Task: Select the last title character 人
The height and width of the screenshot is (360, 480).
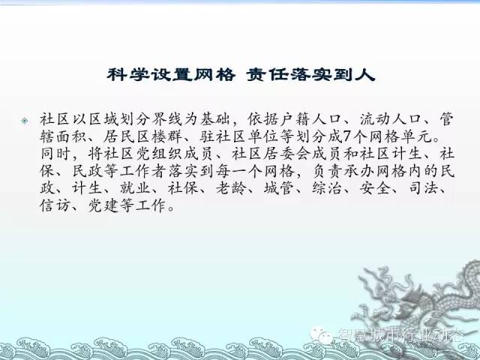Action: point(365,75)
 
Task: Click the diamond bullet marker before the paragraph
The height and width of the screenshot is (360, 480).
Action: point(25,121)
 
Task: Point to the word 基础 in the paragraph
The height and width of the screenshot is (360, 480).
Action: point(215,119)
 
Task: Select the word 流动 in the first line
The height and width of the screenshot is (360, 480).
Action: point(375,119)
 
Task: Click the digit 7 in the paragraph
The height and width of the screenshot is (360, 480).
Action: point(346,136)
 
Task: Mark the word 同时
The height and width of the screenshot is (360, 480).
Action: point(55,154)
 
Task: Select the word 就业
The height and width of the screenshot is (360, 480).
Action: point(135,188)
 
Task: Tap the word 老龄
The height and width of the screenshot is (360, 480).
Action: point(232,188)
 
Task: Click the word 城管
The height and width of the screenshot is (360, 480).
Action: point(279,188)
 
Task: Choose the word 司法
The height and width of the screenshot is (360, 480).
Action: point(424,188)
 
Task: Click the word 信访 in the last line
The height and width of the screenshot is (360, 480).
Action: point(55,205)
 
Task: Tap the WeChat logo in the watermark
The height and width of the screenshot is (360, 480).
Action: point(320,336)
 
